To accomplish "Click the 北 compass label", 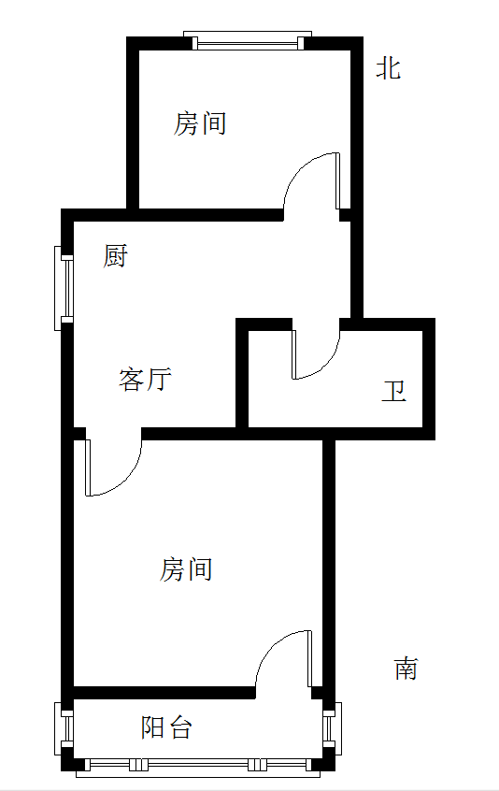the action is click(x=388, y=68).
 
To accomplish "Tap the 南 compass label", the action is click(x=406, y=669).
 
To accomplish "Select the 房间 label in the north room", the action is click(x=200, y=123).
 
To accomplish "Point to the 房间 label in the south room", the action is click(x=186, y=569).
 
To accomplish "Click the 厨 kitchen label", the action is click(x=116, y=256).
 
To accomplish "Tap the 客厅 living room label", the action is click(x=145, y=380).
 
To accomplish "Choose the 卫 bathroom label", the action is click(x=393, y=391).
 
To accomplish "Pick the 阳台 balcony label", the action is click(x=165, y=727).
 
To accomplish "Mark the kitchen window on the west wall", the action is click(x=64, y=288).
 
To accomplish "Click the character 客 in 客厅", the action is click(x=132, y=380).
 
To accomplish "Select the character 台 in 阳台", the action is click(x=180, y=727).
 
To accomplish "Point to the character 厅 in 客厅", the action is click(x=159, y=380).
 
